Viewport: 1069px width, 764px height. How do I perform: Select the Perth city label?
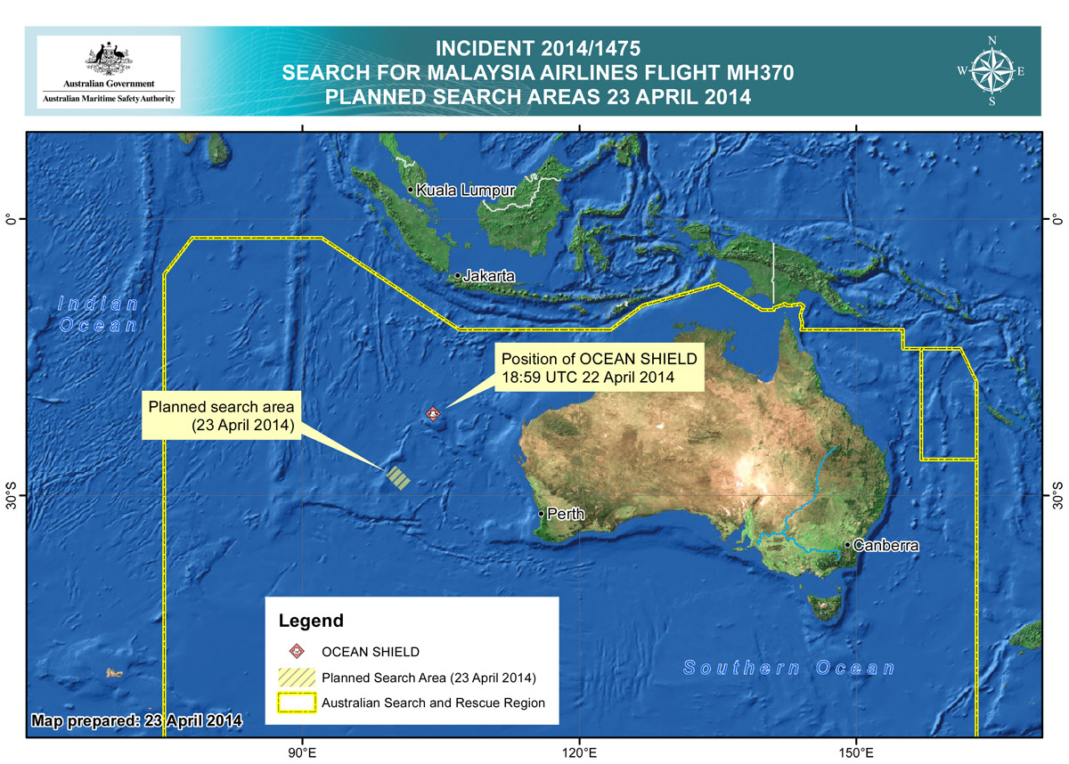point(566,514)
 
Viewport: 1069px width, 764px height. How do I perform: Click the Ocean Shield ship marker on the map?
point(433,413)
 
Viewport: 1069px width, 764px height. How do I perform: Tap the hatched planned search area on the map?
point(397,478)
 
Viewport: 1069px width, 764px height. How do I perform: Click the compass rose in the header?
point(991,71)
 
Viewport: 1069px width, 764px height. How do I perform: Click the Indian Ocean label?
point(98,314)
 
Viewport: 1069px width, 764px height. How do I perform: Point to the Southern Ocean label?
point(789,669)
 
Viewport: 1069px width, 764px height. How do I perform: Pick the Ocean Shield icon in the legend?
point(296,652)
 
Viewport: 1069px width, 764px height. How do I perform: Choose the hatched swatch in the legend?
point(296,677)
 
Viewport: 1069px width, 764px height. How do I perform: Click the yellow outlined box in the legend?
point(296,703)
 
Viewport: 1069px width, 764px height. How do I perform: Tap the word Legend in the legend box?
point(311,621)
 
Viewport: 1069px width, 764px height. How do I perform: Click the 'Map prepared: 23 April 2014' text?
point(135,719)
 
